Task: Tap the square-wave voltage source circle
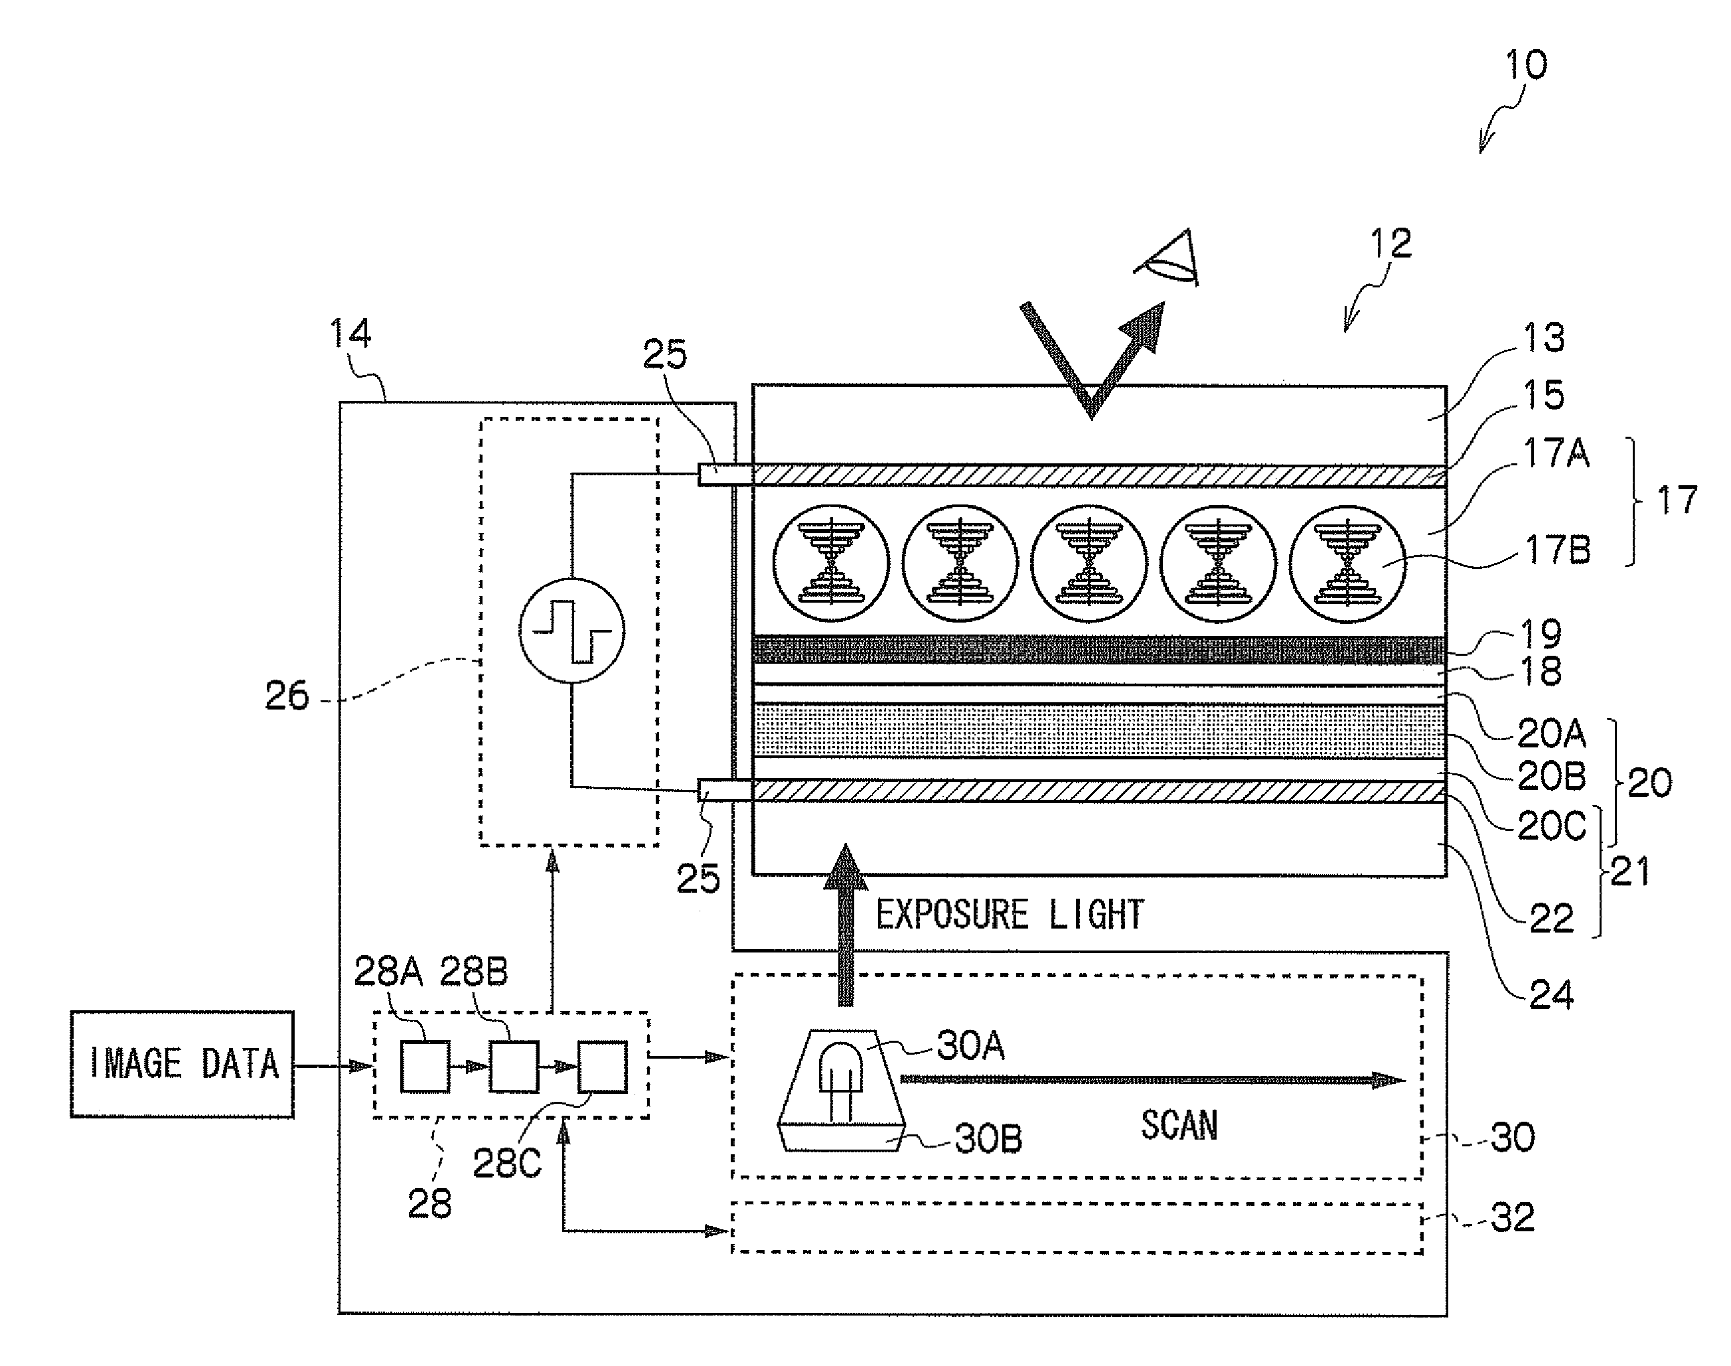571,631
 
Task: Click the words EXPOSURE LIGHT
1010,915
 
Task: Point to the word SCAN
1179,1125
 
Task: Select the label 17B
1558,550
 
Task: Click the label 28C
507,1164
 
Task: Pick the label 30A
970,1045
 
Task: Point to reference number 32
1513,1218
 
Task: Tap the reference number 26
286,696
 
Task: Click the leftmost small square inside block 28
425,1066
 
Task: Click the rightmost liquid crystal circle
1348,564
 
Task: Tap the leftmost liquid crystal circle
832,564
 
